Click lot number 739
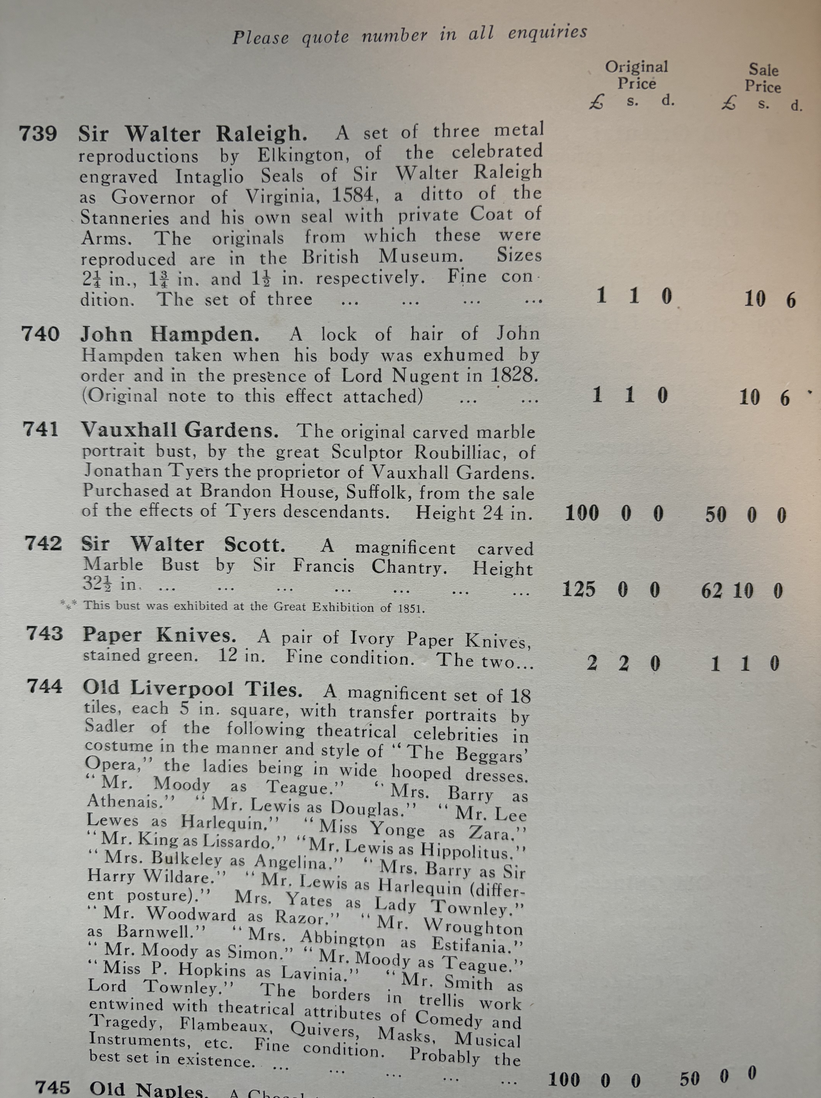(38, 134)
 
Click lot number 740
(40, 334)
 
